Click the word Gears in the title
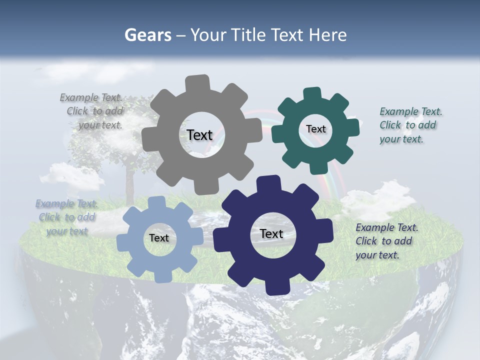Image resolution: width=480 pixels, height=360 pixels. coord(147,35)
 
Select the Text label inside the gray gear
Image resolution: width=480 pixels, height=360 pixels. coord(199,135)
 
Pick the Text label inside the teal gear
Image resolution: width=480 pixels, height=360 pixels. coord(315,129)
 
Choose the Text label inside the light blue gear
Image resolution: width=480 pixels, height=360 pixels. coord(159,238)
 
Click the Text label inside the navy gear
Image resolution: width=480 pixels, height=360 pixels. coord(271,233)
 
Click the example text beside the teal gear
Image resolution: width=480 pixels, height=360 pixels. coord(410,125)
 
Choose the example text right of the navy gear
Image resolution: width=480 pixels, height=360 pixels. coord(386,241)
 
